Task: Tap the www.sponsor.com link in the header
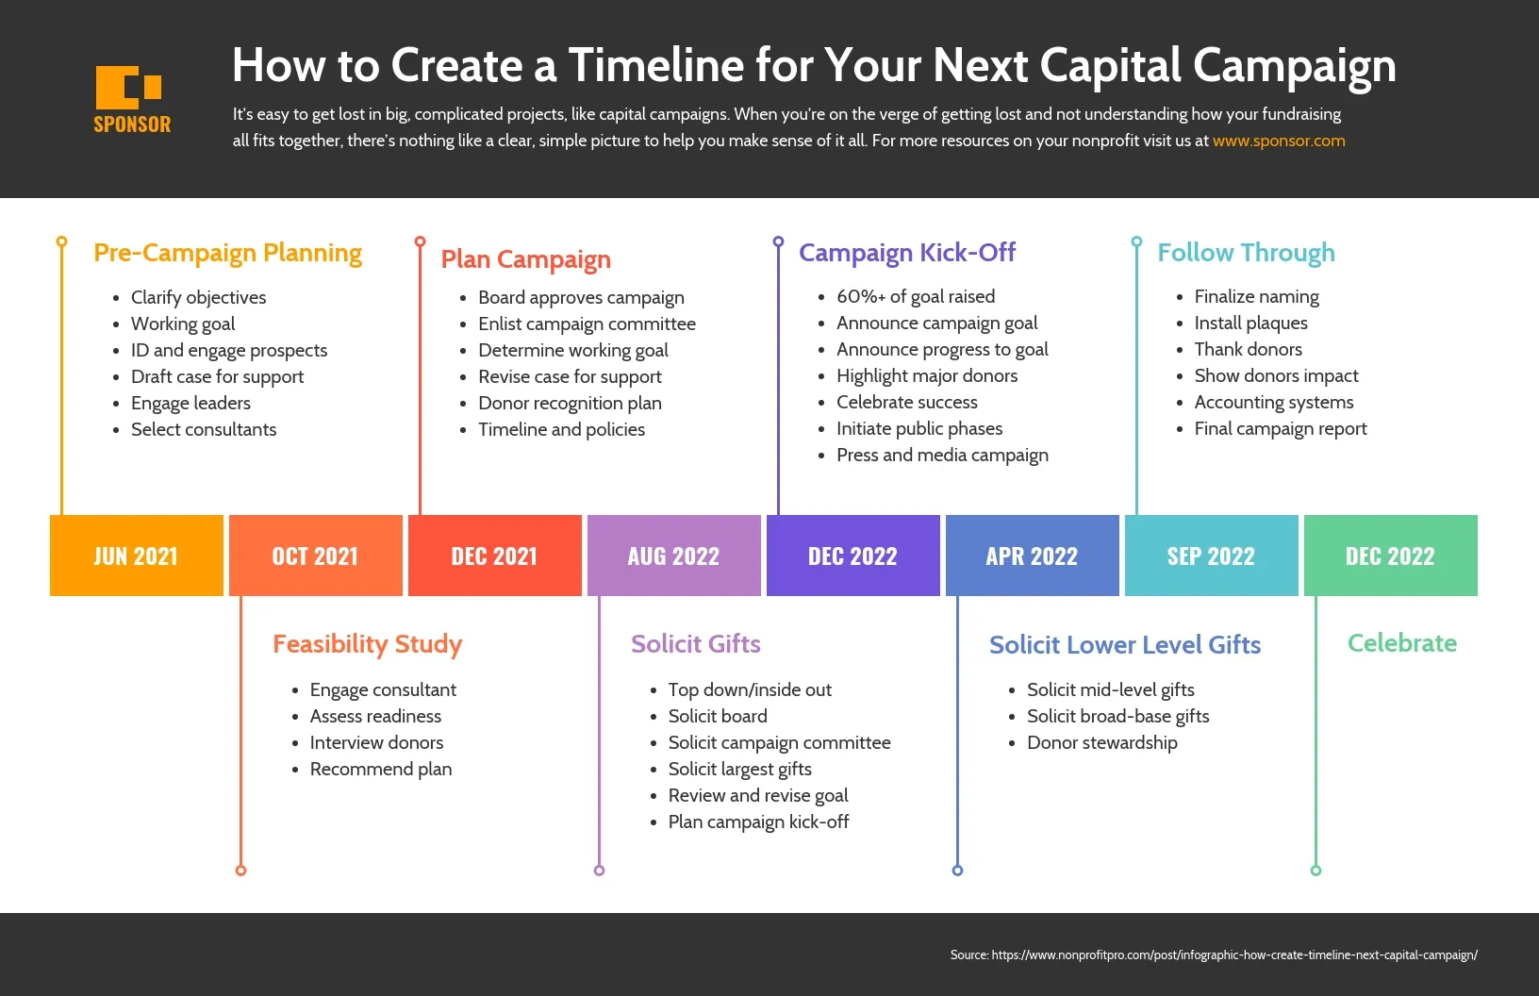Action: click(x=1279, y=141)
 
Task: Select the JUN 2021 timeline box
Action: click(x=137, y=556)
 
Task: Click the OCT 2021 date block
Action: click(x=316, y=556)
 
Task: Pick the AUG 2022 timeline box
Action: click(x=674, y=556)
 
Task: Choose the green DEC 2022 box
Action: click(x=1391, y=556)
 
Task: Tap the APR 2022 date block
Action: click(x=1032, y=556)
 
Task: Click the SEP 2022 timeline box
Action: click(x=1211, y=556)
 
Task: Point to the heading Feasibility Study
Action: click(x=368, y=645)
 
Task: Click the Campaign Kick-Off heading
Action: click(x=907, y=253)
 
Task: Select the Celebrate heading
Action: click(x=1401, y=643)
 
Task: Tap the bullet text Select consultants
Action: click(x=204, y=429)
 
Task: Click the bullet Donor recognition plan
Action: click(x=570, y=404)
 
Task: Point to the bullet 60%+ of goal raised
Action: click(x=915, y=297)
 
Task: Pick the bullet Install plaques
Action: click(x=1250, y=324)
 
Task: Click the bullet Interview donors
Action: click(x=376, y=743)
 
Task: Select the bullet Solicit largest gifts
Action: click(x=740, y=770)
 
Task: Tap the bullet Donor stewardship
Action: click(x=1102, y=743)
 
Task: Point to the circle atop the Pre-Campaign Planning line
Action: click(x=62, y=241)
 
